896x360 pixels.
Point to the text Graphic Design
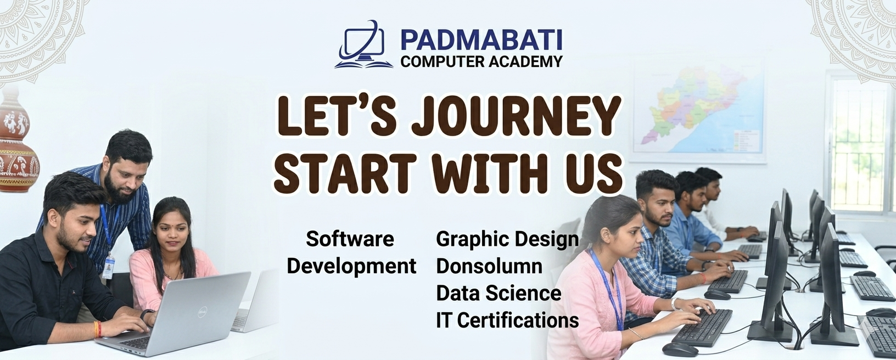pyautogui.click(x=507, y=240)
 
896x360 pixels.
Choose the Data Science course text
pyautogui.click(x=499, y=293)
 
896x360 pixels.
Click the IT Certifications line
pyautogui.click(x=507, y=320)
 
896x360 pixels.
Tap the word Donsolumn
pyautogui.click(x=489, y=266)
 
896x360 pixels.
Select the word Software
pyautogui.click(x=350, y=239)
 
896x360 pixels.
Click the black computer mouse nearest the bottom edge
pyautogui.click(x=680, y=350)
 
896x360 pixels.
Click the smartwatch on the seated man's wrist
pyautogui.click(x=147, y=314)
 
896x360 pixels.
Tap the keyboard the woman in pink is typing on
pyautogui.click(x=702, y=327)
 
